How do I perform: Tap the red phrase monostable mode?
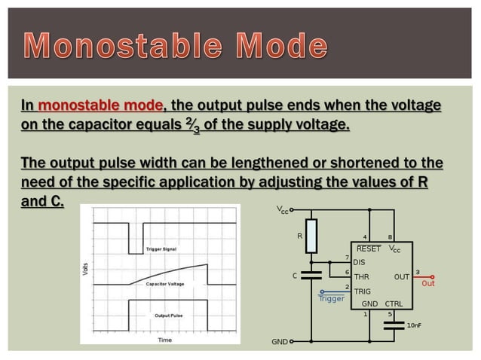[x=99, y=105]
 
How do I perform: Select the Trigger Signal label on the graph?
[x=161, y=249]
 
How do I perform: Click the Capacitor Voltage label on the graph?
[x=165, y=284]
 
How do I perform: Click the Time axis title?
[x=164, y=340]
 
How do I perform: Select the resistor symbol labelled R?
[x=311, y=234]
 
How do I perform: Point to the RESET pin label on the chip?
[x=369, y=249]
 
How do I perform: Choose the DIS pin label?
[x=359, y=262]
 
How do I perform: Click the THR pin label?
[x=361, y=276]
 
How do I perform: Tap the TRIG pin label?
[x=362, y=291]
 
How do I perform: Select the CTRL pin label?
[x=393, y=304]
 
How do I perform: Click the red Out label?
[x=428, y=284]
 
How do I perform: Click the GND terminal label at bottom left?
[x=279, y=341]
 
